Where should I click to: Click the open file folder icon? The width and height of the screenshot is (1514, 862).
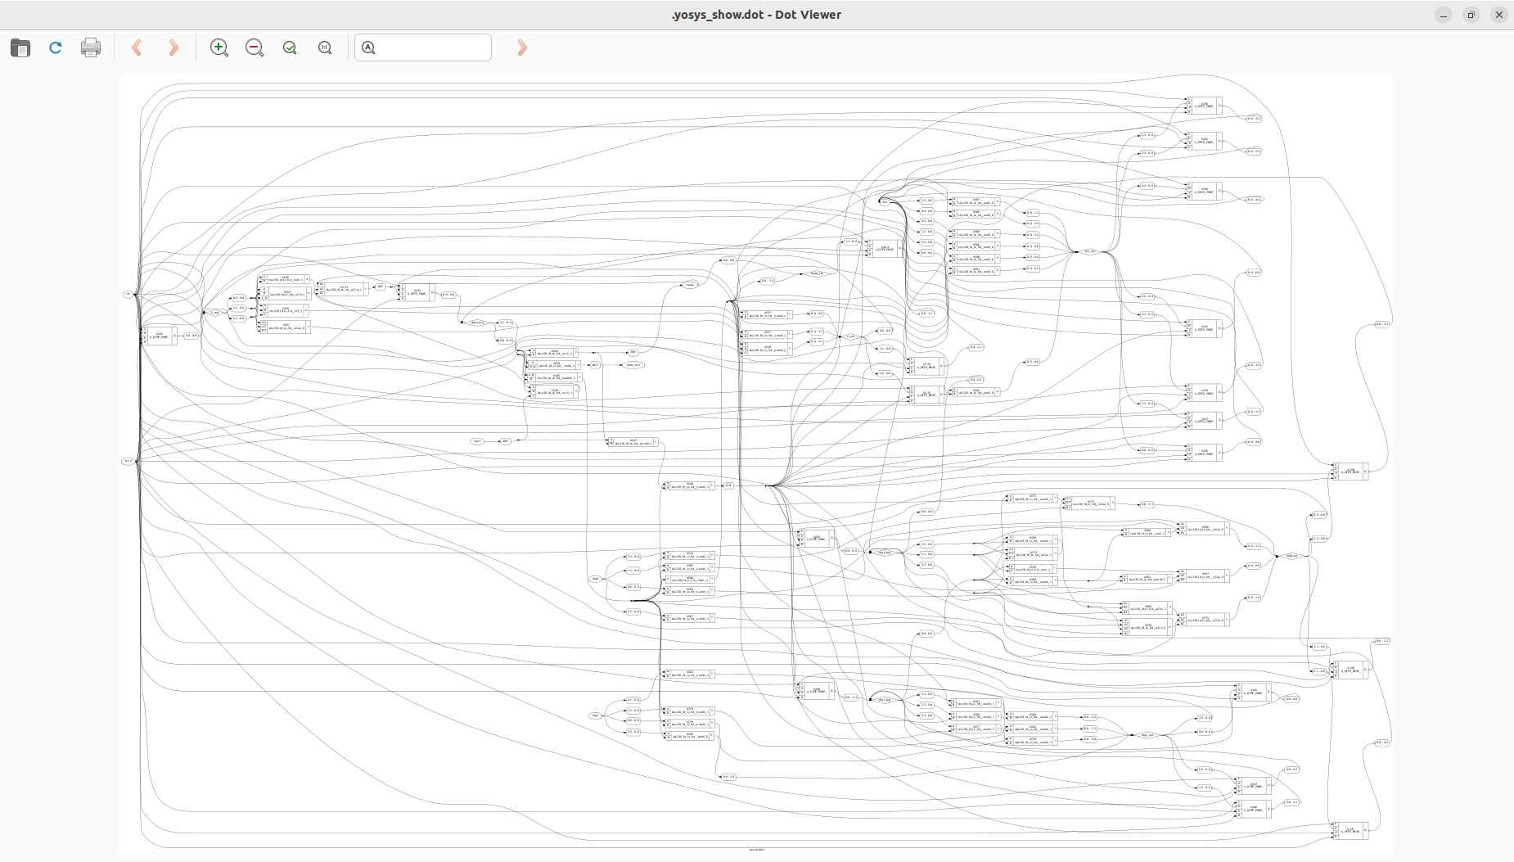(x=20, y=48)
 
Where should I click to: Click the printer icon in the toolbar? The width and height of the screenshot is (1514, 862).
(x=91, y=48)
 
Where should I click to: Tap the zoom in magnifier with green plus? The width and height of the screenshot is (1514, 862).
(x=219, y=48)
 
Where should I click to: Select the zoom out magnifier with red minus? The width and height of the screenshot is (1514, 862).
(x=255, y=48)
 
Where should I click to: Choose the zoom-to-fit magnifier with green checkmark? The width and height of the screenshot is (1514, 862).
(x=290, y=48)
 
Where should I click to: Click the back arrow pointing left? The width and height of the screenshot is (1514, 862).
(x=137, y=48)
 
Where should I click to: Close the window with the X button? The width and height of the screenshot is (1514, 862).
(x=1498, y=15)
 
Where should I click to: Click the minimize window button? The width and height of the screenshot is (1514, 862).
(x=1444, y=15)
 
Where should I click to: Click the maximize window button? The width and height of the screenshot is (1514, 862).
(x=1471, y=15)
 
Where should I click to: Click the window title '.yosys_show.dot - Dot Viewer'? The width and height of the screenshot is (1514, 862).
(x=756, y=15)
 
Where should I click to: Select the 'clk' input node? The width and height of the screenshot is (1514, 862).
(x=128, y=294)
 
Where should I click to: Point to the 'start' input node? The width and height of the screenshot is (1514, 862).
(x=477, y=441)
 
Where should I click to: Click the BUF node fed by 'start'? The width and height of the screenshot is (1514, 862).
(x=506, y=441)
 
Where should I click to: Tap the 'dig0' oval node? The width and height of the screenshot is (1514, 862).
(x=595, y=579)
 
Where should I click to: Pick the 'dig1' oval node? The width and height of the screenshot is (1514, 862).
(x=595, y=715)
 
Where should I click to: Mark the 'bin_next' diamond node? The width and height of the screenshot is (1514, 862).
(x=1089, y=251)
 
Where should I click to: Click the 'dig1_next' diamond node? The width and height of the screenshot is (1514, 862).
(x=1147, y=735)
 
